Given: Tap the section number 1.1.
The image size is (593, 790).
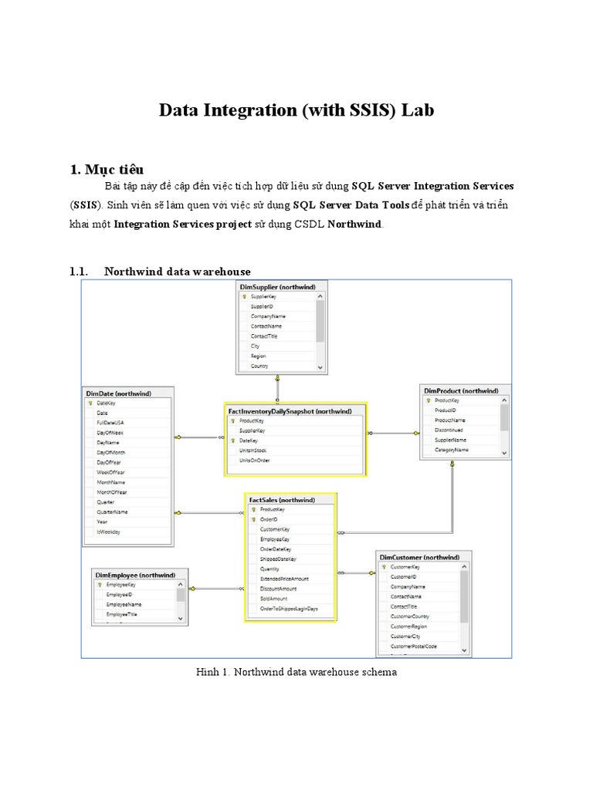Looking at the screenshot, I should (80, 271).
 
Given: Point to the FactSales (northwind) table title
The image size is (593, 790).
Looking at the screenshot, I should (281, 500).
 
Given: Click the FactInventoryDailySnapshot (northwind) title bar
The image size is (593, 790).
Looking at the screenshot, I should (290, 411).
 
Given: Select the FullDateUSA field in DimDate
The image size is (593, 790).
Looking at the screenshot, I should (110, 423).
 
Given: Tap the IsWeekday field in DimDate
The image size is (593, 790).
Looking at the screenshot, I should (107, 532).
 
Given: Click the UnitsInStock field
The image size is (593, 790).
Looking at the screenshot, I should (255, 451).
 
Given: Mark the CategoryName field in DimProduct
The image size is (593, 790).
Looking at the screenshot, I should (452, 450).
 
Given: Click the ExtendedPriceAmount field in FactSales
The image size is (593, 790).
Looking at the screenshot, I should (284, 579).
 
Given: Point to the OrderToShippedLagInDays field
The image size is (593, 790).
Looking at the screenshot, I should (289, 609).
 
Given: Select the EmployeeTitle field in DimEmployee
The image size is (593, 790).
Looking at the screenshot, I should (123, 614).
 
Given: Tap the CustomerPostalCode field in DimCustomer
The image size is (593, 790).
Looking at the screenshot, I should (413, 647).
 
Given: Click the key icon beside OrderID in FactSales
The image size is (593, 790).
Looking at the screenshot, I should (253, 520).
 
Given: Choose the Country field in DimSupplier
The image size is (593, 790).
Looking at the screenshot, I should (259, 366).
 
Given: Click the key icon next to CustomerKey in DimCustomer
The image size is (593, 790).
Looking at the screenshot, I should (384, 567).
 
